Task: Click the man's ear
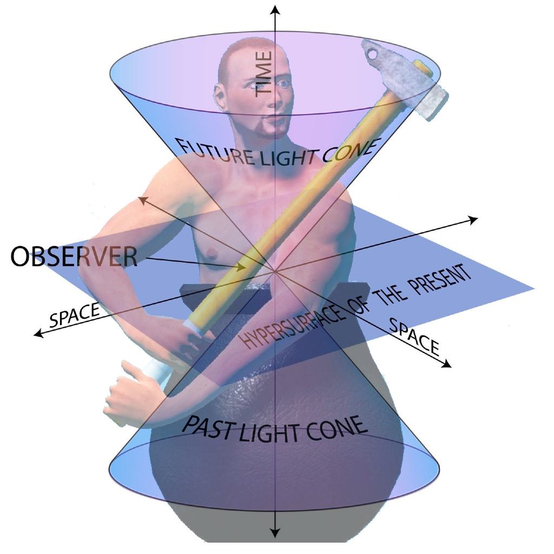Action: (x=221, y=97)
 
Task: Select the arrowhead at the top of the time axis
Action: (x=276, y=10)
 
